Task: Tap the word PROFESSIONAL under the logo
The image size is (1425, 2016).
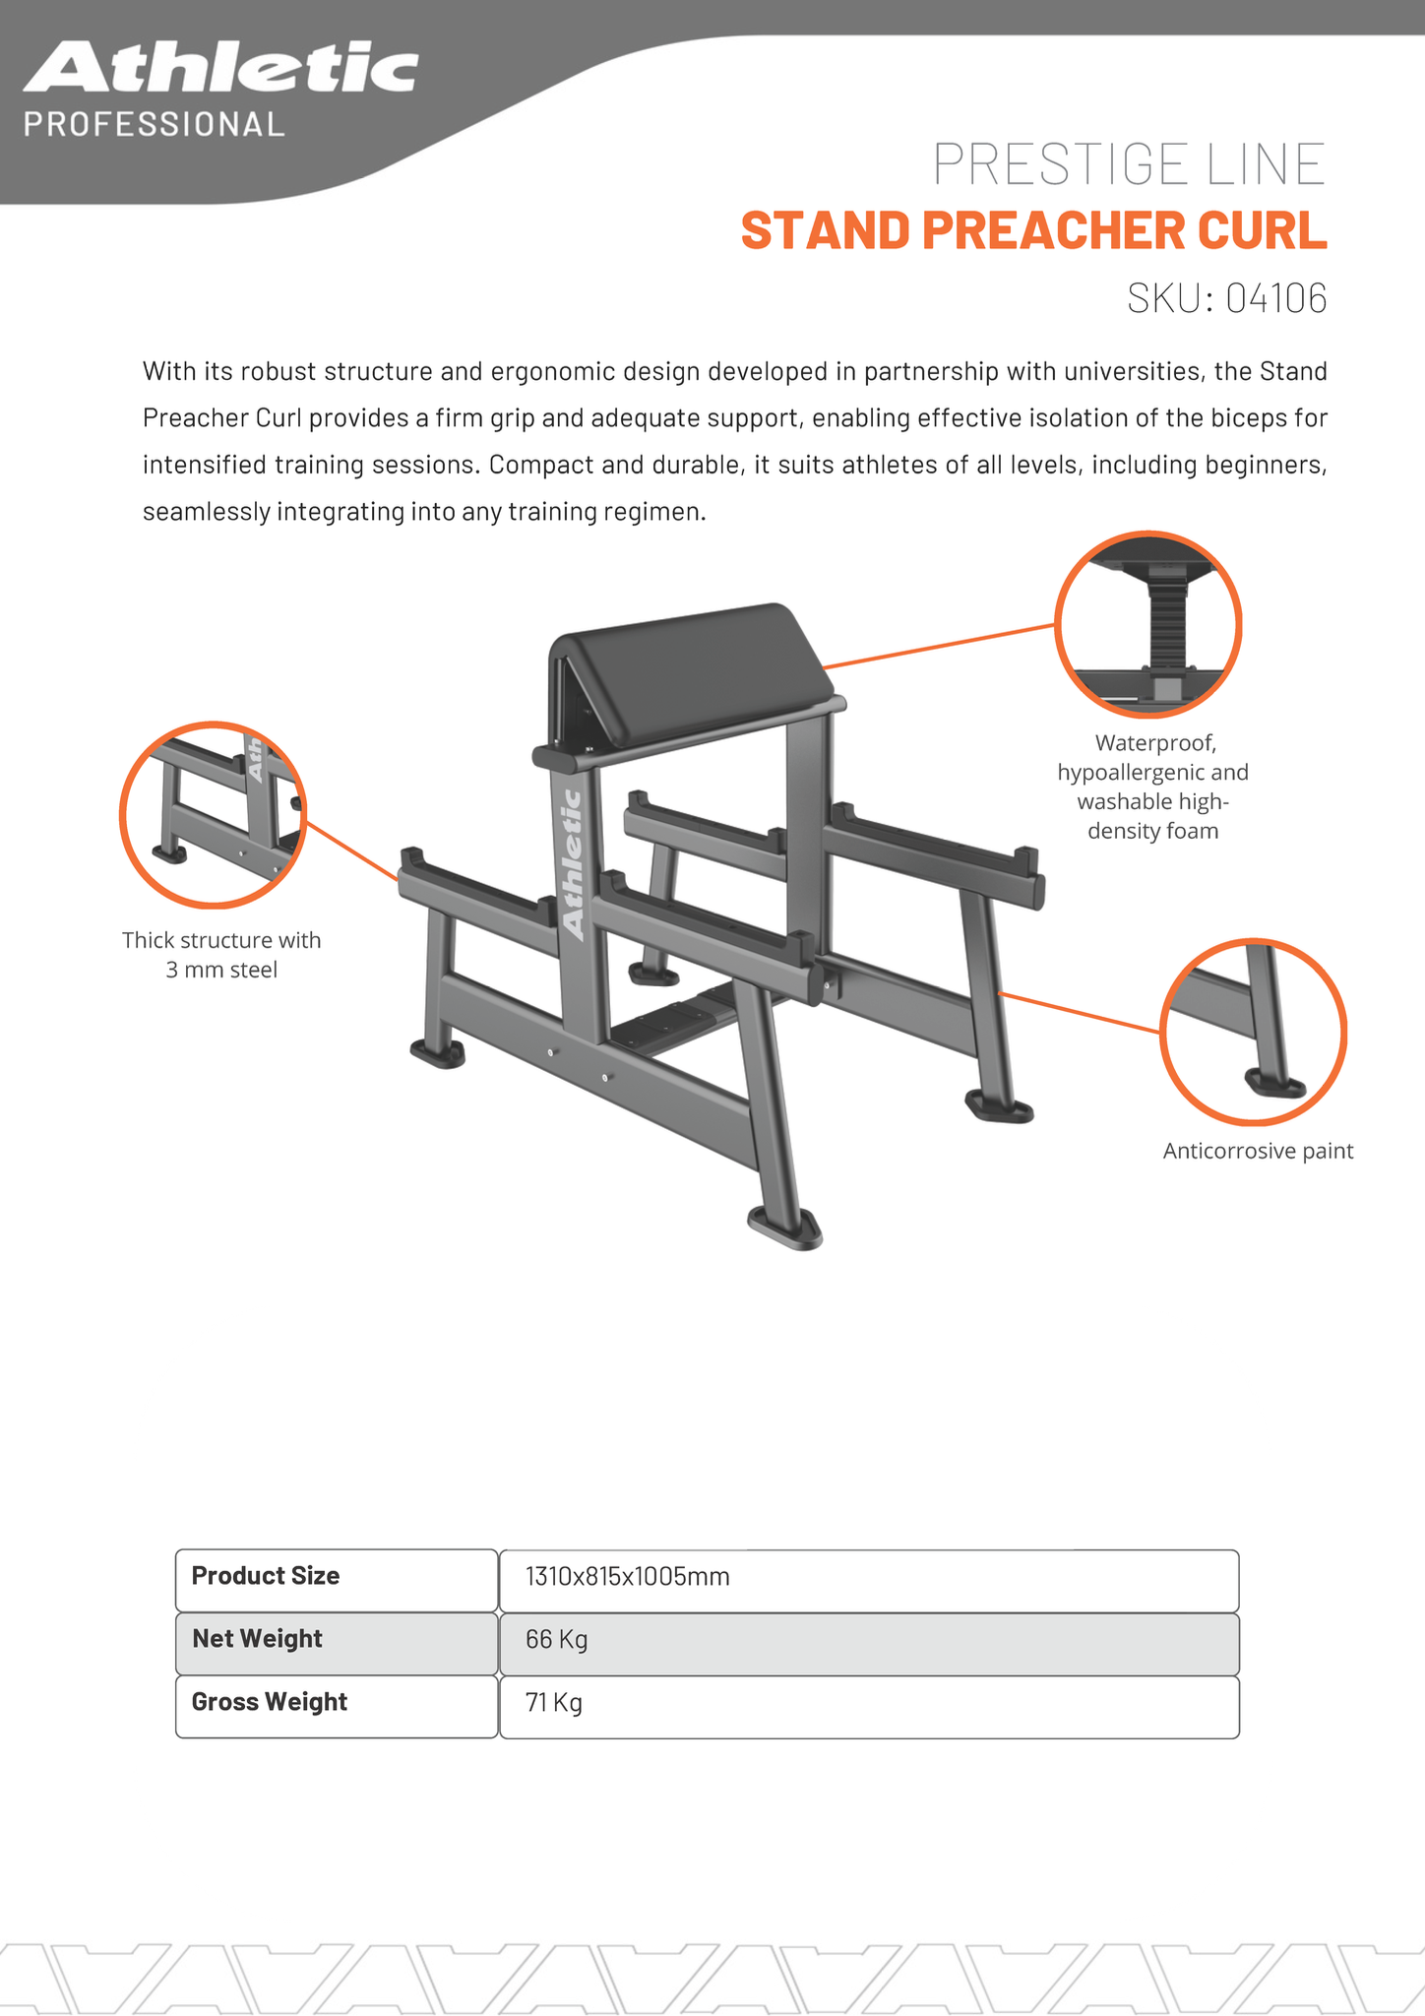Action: click(154, 124)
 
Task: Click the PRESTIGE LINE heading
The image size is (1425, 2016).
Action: click(1129, 163)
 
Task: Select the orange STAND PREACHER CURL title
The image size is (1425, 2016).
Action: click(1033, 230)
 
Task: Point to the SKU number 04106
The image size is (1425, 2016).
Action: click(1275, 298)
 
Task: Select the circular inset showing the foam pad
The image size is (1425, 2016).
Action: click(1147, 624)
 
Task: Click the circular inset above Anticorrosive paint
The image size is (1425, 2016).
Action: click(1252, 1031)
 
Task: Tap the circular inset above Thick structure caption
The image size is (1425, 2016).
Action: click(213, 814)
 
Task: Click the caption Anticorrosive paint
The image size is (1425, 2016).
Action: click(1258, 1151)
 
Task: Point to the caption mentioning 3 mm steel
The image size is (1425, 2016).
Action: click(221, 955)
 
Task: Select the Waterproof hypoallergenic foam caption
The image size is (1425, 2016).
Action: click(1152, 787)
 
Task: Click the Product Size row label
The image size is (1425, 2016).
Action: click(266, 1576)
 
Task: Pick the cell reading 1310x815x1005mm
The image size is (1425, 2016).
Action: click(628, 1577)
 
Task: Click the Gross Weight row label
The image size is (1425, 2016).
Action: click(270, 1702)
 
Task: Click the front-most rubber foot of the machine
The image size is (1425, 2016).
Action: click(785, 1228)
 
